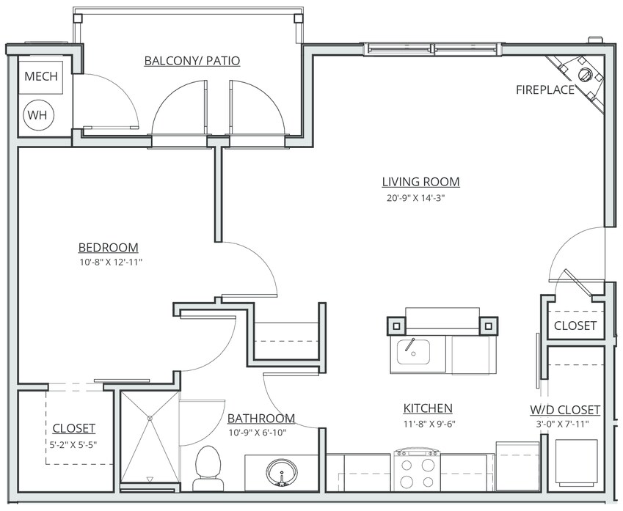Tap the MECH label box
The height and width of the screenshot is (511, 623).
point(41,78)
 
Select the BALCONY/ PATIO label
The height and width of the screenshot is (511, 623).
point(192,61)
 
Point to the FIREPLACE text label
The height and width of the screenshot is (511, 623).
point(545,89)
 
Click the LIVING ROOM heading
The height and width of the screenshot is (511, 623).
point(420,181)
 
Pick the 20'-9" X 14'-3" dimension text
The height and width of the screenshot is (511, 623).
point(415,198)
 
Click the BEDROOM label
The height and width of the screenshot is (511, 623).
point(108,247)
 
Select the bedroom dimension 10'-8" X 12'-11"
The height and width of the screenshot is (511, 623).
point(111,262)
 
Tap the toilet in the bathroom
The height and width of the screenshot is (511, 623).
point(208,468)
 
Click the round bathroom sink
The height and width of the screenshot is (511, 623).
point(282,471)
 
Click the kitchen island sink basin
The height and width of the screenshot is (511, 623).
point(413,352)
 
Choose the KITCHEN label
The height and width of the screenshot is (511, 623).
point(428,408)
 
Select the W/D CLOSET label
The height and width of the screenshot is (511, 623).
point(565,409)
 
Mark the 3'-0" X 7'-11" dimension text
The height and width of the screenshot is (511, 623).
point(562,424)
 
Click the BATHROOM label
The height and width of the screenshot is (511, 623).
point(261,418)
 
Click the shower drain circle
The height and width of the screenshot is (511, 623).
point(150,418)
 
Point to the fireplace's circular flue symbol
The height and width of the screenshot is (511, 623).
point(584,74)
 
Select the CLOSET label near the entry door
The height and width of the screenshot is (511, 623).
point(575,326)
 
